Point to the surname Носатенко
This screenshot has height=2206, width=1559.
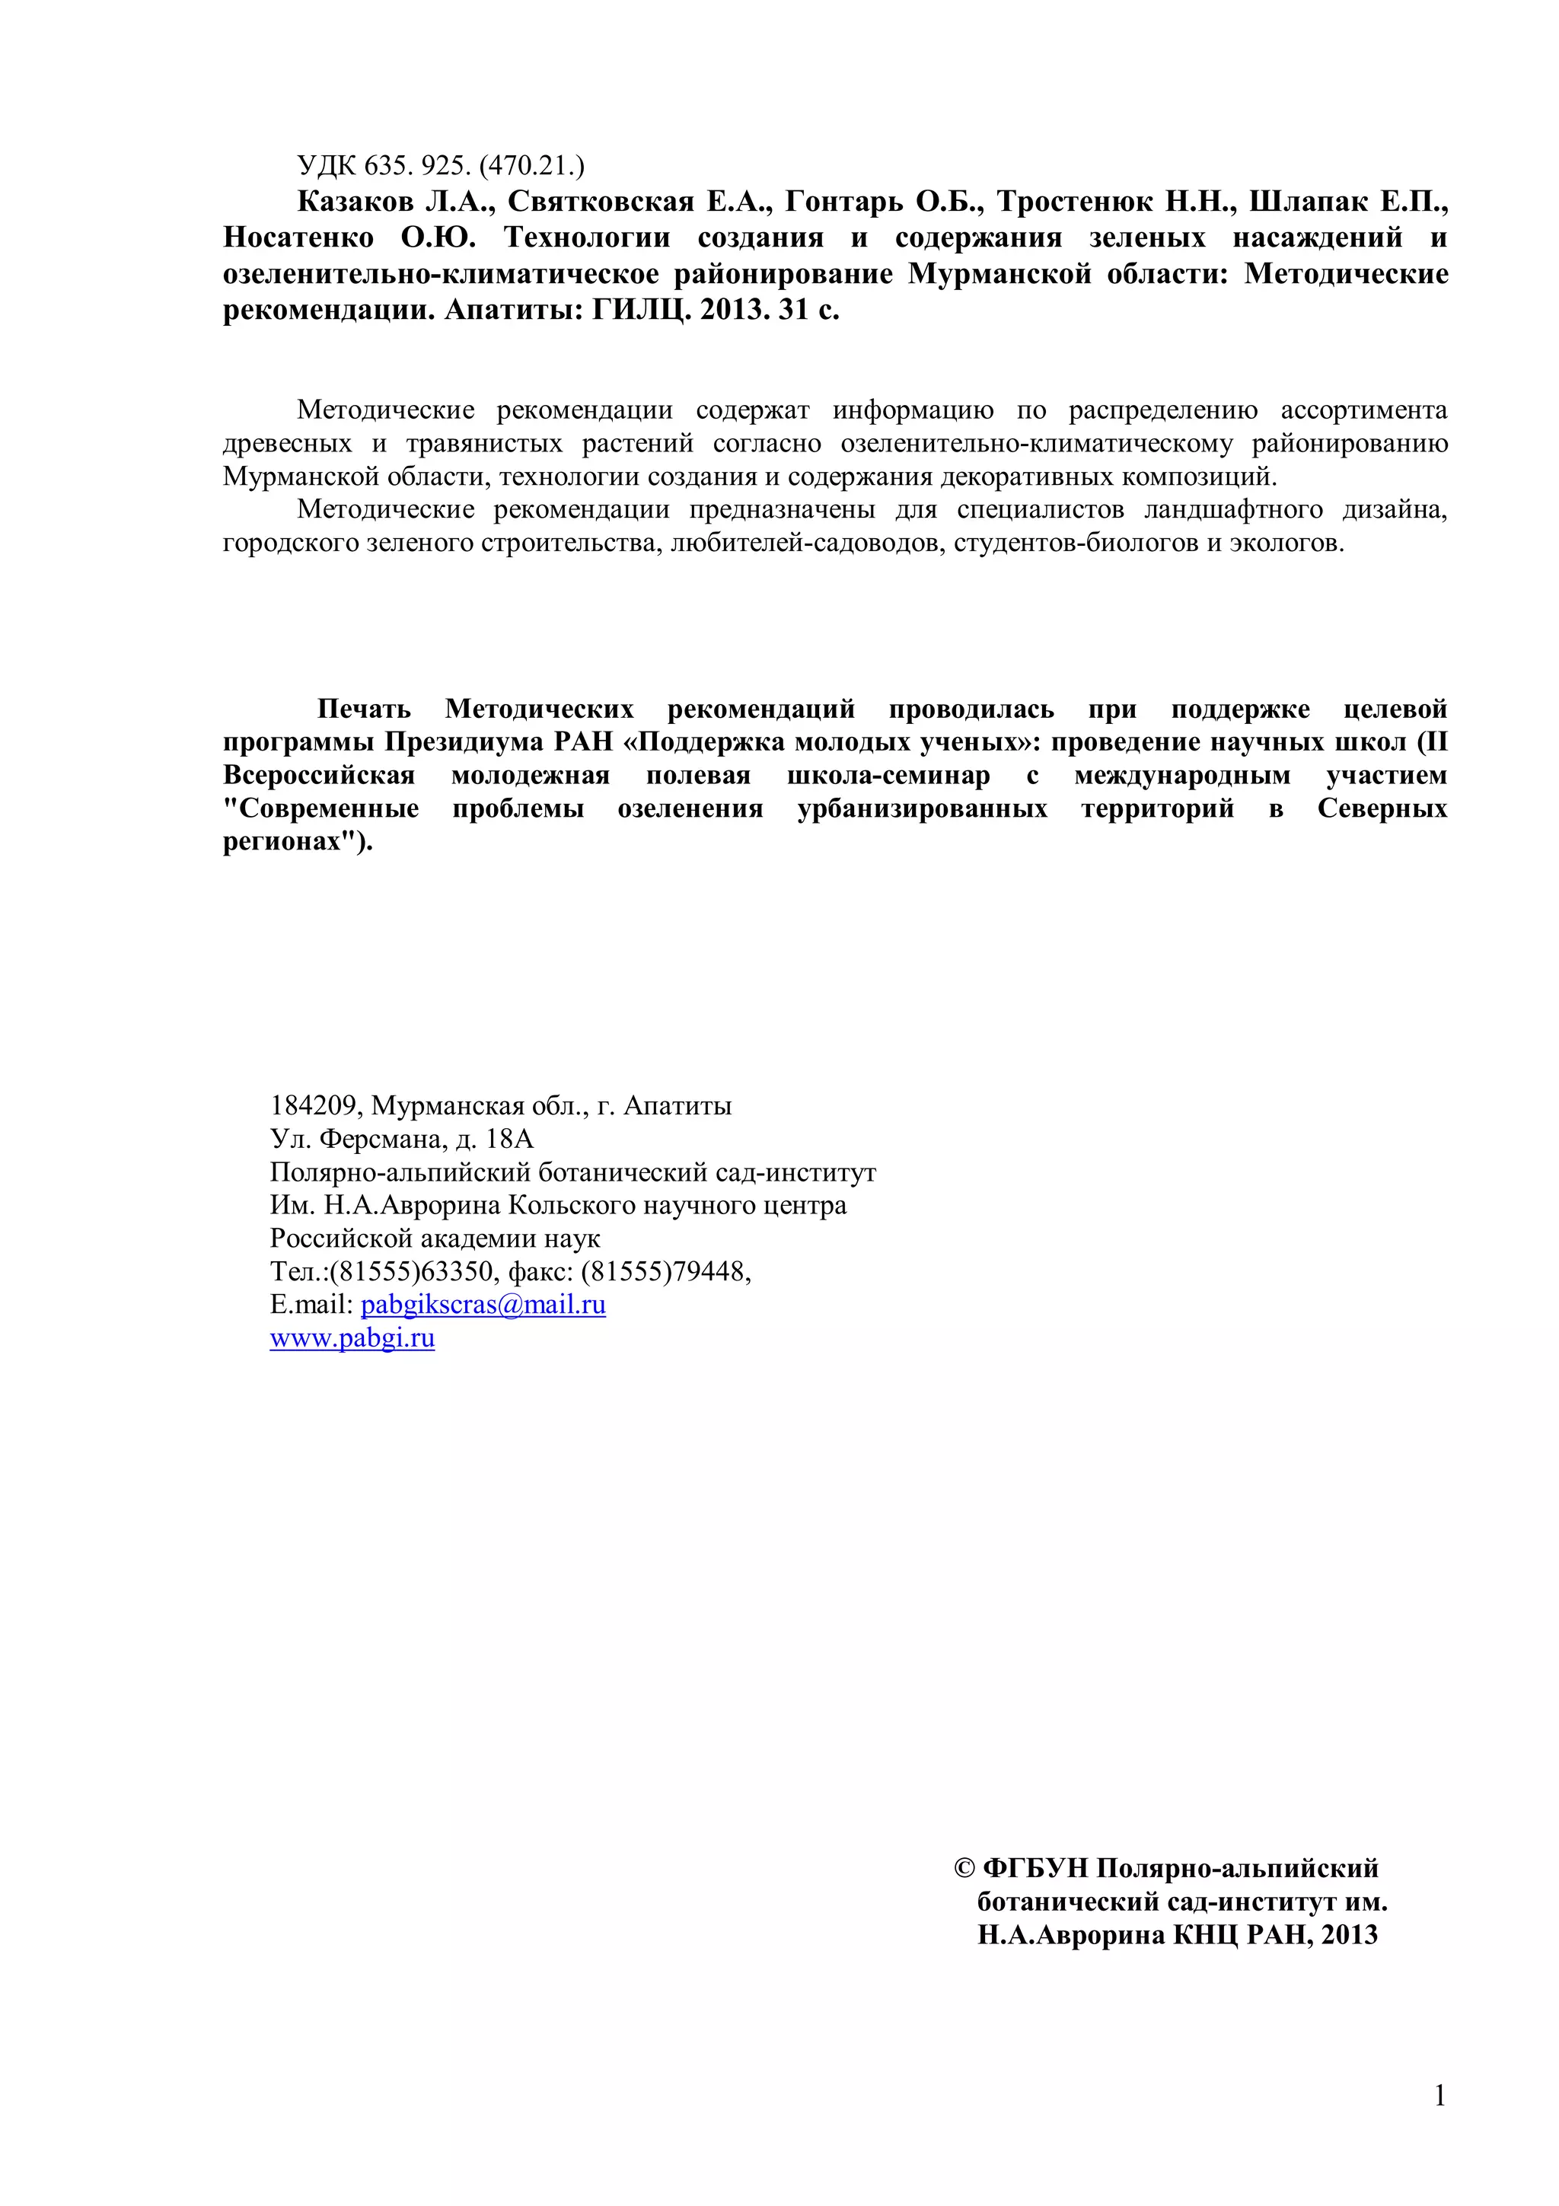pyautogui.click(x=298, y=237)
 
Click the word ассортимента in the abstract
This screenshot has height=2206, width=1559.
pyautogui.click(x=1363, y=410)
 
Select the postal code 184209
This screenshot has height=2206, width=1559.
pyautogui.click(x=316, y=1106)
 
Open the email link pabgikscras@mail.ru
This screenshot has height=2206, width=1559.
pyautogui.click(x=483, y=1305)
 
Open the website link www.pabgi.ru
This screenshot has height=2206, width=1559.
pyautogui.click(x=352, y=1337)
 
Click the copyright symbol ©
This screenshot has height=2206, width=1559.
pyautogui.click(x=964, y=1869)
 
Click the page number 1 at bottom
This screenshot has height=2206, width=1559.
pyautogui.click(x=1439, y=2096)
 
